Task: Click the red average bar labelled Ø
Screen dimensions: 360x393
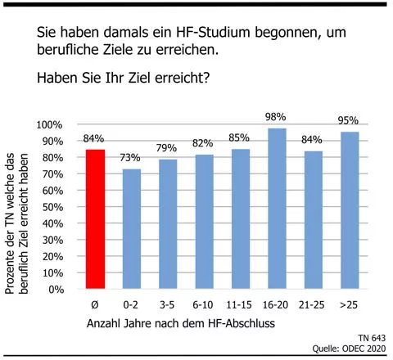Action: point(96,219)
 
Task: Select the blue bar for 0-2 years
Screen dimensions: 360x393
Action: point(132,229)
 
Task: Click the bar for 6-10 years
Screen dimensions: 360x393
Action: point(204,222)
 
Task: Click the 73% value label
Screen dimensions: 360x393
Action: point(132,159)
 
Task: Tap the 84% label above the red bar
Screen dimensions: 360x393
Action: point(94,138)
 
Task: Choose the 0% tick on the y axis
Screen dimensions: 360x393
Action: point(56,290)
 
